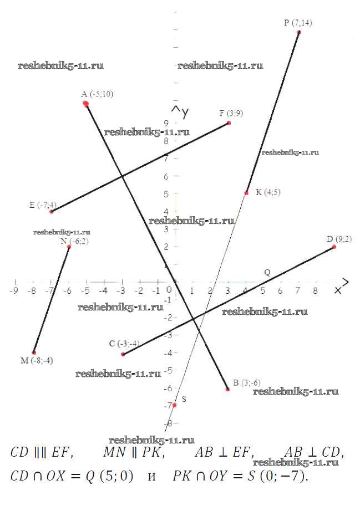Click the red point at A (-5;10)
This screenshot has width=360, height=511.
click(85, 104)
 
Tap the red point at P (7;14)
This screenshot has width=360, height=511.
click(299, 32)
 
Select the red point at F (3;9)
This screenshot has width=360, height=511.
click(229, 122)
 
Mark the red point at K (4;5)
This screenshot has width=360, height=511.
click(246, 193)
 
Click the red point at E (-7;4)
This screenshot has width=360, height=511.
click(51, 211)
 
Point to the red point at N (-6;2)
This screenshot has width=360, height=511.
click(69, 246)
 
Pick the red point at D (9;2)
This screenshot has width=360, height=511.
click(334, 246)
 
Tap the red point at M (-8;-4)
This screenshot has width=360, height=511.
click(34, 352)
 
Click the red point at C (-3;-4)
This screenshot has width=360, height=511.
click(123, 354)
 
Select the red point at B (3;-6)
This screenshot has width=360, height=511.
click(227, 389)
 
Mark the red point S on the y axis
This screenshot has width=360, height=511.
click(174, 405)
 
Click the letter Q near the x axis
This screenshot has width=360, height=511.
click(267, 273)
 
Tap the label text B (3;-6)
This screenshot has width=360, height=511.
click(246, 382)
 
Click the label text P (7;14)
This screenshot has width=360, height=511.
click(298, 23)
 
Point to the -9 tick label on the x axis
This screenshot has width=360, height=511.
click(14, 290)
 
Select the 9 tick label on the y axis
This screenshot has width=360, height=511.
click(166, 123)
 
